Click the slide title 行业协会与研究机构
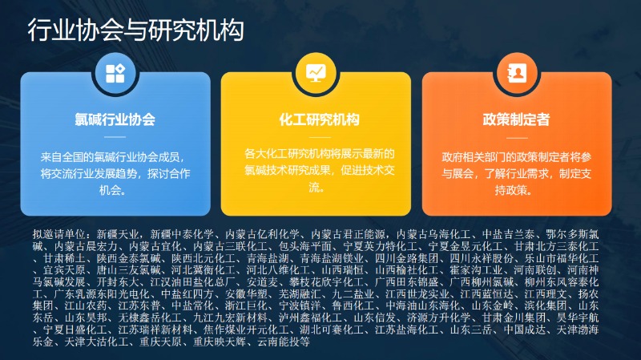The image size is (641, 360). tap(135, 30)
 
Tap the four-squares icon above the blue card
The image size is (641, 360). tap(115, 74)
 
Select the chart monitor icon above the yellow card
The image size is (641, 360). tap(316, 73)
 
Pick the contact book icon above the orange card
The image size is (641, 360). tap(517, 74)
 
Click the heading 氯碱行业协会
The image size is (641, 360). tap(115, 119)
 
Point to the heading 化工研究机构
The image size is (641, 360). tap(319, 119)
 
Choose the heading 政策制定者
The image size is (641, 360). tap(516, 119)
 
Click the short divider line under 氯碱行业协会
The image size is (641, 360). tap(115, 137)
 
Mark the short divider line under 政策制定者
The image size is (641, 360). tap(517, 137)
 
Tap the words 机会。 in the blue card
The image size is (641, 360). tap(112, 190)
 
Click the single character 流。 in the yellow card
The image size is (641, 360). tap(316, 188)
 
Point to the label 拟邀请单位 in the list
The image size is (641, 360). tap(58, 234)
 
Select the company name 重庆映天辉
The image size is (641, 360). tap(220, 342)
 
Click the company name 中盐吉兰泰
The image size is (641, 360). tap(508, 234)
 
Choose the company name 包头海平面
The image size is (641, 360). tap(305, 247)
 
